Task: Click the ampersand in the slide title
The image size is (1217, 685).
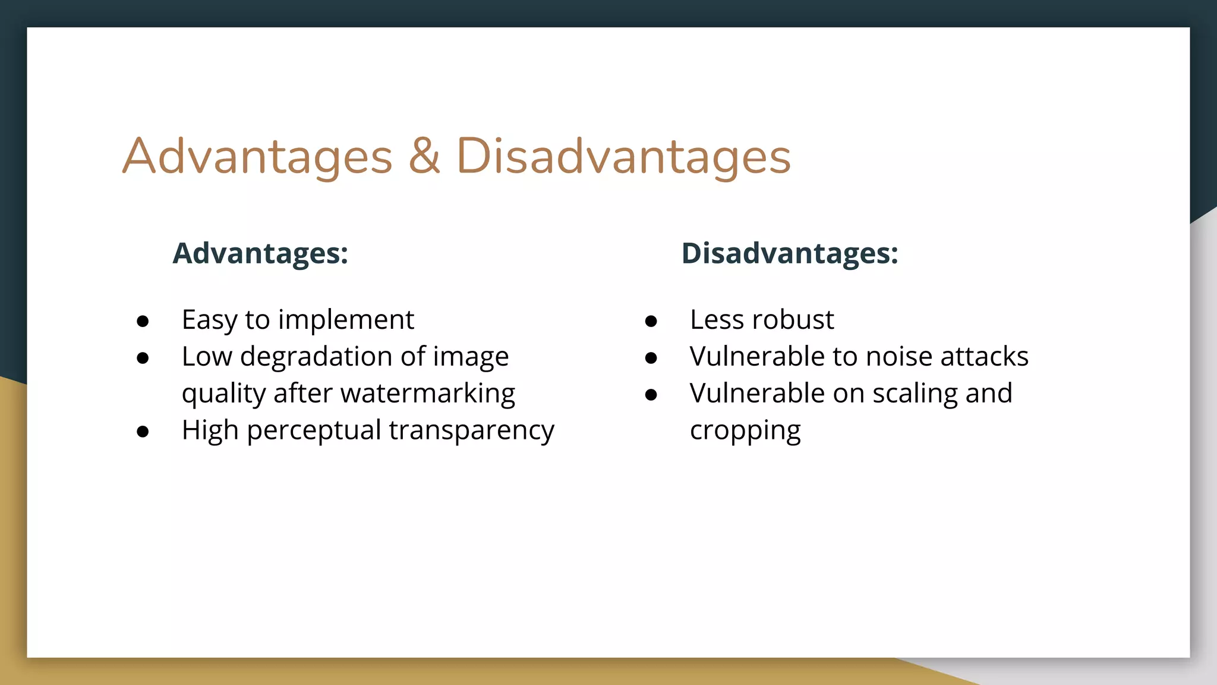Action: point(424,156)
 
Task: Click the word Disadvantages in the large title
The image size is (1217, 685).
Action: point(623,156)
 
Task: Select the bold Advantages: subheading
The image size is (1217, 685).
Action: point(260,253)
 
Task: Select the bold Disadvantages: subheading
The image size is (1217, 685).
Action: point(789,253)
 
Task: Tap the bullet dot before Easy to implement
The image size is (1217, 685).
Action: point(143,322)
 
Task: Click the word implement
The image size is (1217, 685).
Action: point(346,320)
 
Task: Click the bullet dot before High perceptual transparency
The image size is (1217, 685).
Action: point(143,432)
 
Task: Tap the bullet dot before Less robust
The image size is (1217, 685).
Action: point(651,322)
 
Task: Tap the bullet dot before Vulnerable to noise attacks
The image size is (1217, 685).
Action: point(651,358)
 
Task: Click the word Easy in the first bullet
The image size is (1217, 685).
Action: point(209,320)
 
